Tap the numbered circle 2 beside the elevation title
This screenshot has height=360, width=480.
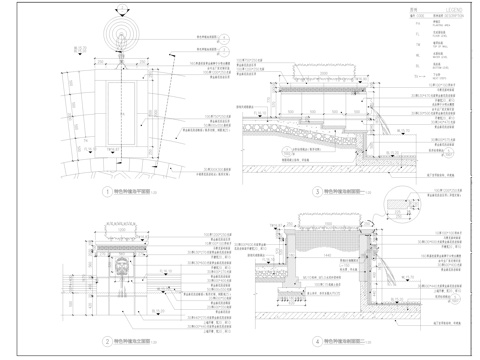[x=107, y=341]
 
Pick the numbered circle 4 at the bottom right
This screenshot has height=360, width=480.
[x=317, y=341]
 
